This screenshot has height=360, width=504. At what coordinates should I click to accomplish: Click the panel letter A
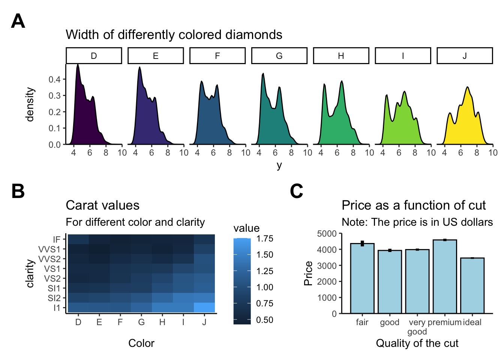click(x=18, y=21)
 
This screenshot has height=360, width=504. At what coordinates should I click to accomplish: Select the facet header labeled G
click(x=279, y=56)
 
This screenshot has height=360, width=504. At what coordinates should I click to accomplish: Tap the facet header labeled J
click(x=465, y=56)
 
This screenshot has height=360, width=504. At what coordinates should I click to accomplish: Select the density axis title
click(x=30, y=105)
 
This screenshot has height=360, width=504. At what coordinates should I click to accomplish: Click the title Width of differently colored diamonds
click(x=174, y=34)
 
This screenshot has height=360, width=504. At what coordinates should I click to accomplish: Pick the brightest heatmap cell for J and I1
click(x=204, y=307)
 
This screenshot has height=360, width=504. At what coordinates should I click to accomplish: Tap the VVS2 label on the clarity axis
click(x=49, y=259)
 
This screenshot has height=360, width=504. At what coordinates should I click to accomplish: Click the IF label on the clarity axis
click(x=57, y=239)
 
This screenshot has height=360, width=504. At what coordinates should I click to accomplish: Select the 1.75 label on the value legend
click(x=265, y=238)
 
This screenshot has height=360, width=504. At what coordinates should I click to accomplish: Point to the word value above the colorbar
click(x=246, y=228)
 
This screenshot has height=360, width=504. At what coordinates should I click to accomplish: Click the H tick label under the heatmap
click(x=162, y=322)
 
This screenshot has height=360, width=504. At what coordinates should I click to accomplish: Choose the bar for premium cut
click(x=445, y=276)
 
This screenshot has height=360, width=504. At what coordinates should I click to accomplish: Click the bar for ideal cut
click(x=472, y=285)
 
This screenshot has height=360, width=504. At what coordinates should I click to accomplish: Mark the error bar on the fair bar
click(x=362, y=243)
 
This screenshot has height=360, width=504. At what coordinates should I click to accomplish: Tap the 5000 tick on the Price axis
click(x=327, y=234)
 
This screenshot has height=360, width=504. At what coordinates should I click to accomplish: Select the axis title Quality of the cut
click(x=417, y=343)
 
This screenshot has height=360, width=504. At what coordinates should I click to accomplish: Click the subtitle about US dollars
click(x=417, y=222)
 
